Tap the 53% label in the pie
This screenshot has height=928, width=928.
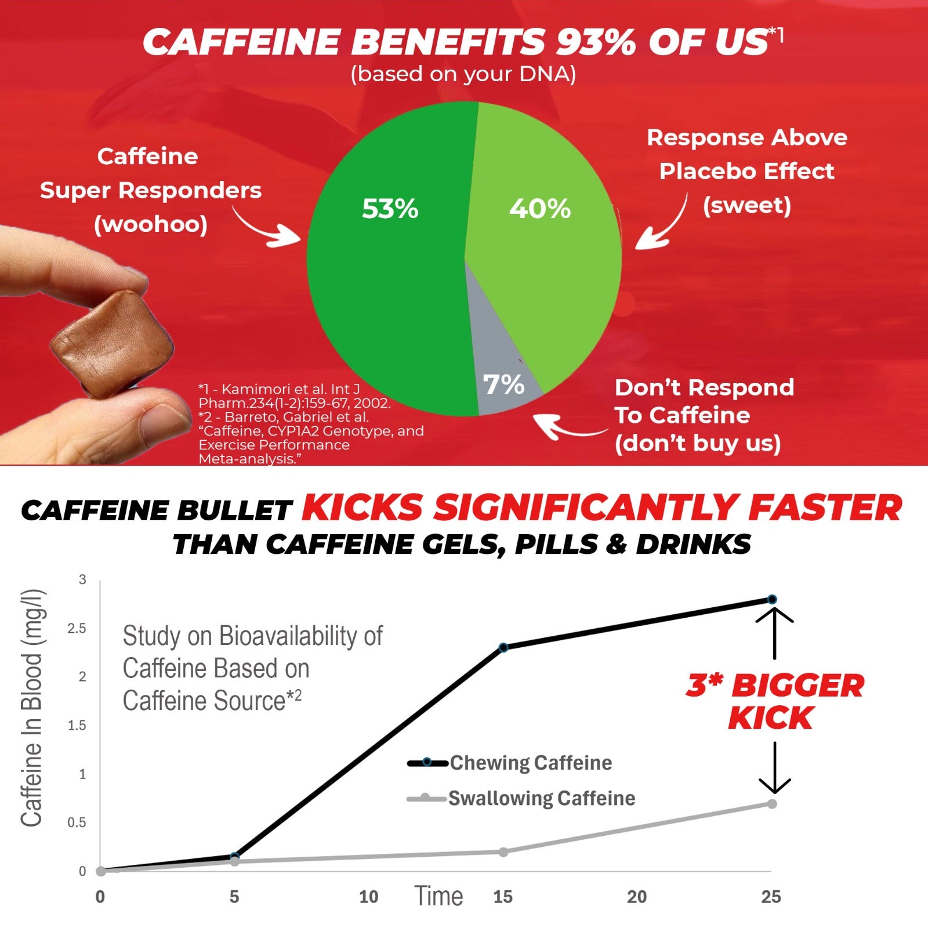[x=390, y=209]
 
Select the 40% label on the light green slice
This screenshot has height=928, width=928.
[x=540, y=209]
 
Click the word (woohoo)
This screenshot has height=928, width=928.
[x=151, y=224]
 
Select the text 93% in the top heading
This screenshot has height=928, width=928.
[x=596, y=42]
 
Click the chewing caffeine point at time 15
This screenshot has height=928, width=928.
[x=503, y=647]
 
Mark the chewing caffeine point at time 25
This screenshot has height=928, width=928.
[x=772, y=599]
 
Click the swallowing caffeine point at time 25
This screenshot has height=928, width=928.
[x=772, y=804]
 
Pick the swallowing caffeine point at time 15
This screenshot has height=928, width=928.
[x=503, y=852]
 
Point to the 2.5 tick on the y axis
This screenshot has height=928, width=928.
[x=77, y=628]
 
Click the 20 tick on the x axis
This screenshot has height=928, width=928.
[x=637, y=897]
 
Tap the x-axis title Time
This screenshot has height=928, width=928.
[x=438, y=896]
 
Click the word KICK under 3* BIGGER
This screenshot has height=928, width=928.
[x=771, y=718]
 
